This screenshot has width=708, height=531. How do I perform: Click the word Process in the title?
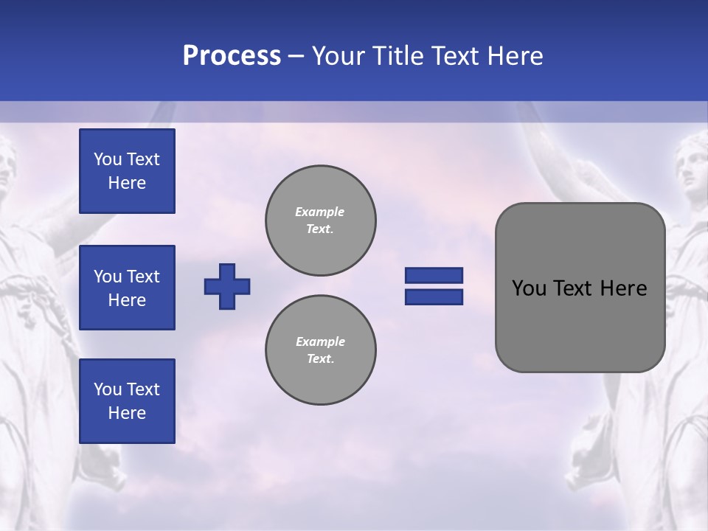click(x=232, y=56)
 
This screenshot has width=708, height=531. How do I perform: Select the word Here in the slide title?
click(x=515, y=56)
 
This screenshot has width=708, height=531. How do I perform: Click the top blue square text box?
click(x=127, y=171)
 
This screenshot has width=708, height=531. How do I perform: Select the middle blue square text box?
click(x=127, y=288)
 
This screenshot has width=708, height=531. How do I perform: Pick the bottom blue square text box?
click(x=127, y=400)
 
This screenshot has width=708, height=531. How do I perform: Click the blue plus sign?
click(x=227, y=286)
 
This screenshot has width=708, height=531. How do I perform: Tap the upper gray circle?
click(x=321, y=220)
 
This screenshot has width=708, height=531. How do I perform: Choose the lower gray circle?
click(x=321, y=350)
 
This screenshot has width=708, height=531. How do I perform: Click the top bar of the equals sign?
click(x=434, y=275)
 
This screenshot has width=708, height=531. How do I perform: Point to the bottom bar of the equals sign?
click(x=434, y=296)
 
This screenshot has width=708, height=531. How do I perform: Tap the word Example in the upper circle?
click(x=320, y=212)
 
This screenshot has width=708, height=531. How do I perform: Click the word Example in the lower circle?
click(x=320, y=341)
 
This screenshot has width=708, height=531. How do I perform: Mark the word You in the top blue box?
click(x=108, y=159)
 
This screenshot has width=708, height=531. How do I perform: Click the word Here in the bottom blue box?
click(x=127, y=413)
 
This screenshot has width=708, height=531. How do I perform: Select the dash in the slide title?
click(x=296, y=56)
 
